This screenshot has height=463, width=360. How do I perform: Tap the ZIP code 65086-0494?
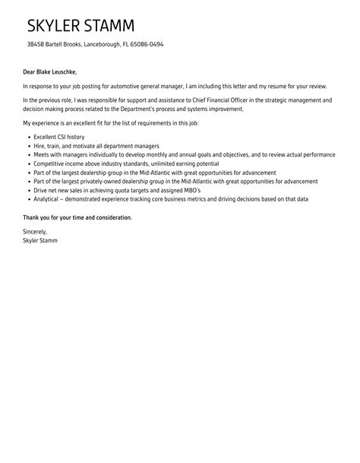click(147, 44)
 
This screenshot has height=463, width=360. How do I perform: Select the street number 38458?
click(34, 44)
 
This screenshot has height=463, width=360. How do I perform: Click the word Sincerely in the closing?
click(35, 231)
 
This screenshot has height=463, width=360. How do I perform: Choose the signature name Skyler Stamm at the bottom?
click(39, 240)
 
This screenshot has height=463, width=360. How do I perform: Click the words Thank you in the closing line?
click(36, 217)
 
